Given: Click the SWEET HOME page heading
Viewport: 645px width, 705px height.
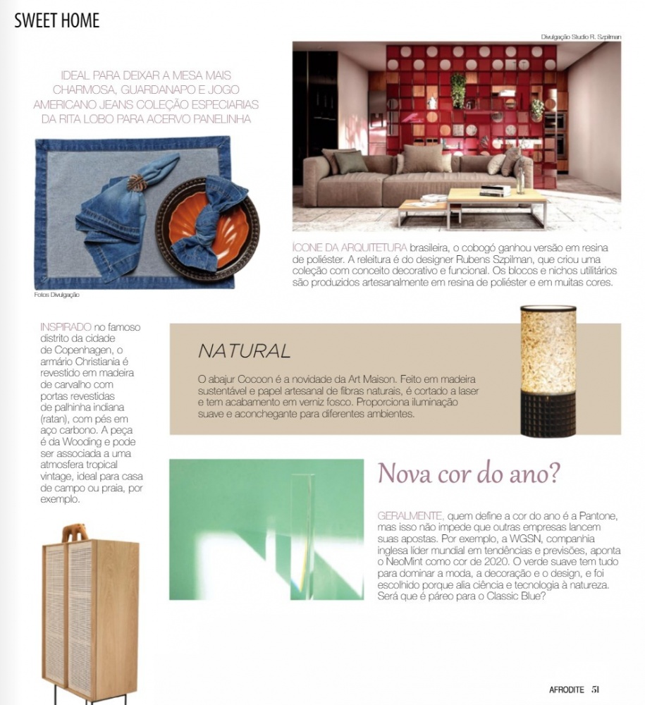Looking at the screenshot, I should [x=57, y=20].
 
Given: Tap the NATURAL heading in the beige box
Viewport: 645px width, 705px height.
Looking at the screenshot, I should [x=244, y=350].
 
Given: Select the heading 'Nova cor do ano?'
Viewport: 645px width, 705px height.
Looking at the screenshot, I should [x=469, y=474].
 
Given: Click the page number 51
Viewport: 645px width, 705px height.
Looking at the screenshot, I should [x=596, y=689].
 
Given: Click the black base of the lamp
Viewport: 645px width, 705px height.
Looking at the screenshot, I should [x=548, y=417].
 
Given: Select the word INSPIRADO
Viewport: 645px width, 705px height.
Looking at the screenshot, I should [x=66, y=328].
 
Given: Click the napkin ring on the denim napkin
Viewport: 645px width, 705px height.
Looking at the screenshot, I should [x=133, y=185].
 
